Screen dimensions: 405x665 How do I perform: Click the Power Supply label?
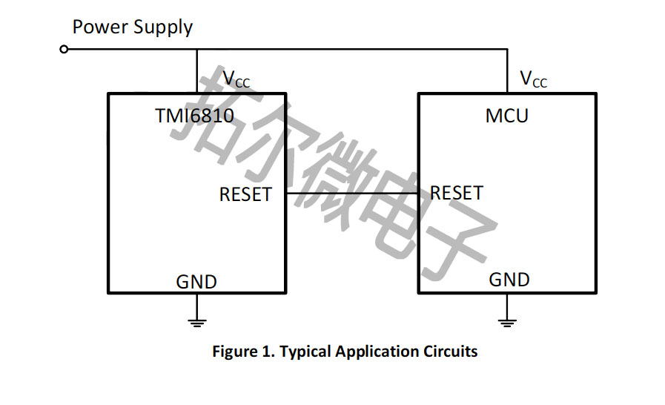[x=132, y=28]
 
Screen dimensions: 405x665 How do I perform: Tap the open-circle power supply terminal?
[x=64, y=49]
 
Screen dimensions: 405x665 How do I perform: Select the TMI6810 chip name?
[x=194, y=116]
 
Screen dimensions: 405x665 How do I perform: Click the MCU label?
[x=507, y=116]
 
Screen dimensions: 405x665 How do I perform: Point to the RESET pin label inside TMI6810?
[x=245, y=194]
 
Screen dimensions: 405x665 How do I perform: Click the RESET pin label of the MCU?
[x=457, y=194]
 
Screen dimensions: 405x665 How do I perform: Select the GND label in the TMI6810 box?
[x=196, y=282]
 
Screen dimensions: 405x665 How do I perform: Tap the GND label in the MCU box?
[x=509, y=280]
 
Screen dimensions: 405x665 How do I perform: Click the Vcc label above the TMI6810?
[x=236, y=79]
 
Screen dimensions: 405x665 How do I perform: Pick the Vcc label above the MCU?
[x=533, y=79]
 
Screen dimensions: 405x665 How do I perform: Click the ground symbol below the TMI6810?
[x=196, y=320]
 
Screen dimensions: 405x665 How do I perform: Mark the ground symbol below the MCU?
[x=507, y=320]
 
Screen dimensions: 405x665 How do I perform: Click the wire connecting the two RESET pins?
[x=348, y=194]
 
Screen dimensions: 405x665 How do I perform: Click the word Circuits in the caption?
[x=451, y=351]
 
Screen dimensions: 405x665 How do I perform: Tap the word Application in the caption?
[x=377, y=352]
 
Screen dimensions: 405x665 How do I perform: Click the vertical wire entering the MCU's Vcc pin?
[x=507, y=71]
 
